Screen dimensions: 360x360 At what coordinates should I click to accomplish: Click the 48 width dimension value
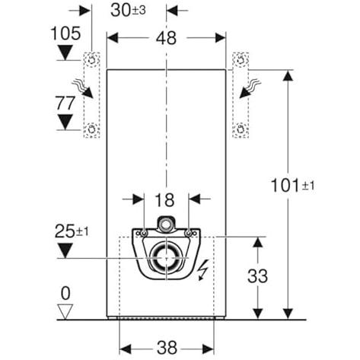click(166, 39)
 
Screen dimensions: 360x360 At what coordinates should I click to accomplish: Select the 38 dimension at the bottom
click(167, 348)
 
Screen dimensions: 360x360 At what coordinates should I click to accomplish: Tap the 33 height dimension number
click(257, 276)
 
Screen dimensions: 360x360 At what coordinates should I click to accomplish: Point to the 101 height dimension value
click(286, 186)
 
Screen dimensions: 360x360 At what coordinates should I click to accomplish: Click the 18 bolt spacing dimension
click(164, 200)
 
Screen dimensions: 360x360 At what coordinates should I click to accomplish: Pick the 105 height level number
click(65, 33)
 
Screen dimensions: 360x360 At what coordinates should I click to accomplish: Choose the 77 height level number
click(65, 104)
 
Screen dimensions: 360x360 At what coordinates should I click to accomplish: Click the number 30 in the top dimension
click(121, 11)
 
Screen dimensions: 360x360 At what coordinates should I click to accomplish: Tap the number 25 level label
click(65, 231)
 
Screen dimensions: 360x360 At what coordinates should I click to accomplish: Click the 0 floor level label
click(65, 294)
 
